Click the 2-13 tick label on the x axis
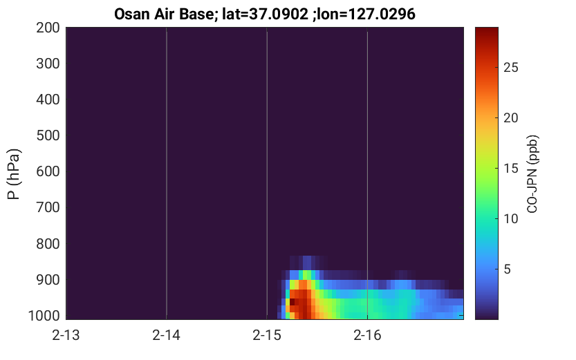[x=66, y=335]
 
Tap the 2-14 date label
[x=166, y=335]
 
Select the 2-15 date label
[x=267, y=335]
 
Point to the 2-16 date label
[x=367, y=335]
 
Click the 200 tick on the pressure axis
[x=48, y=28]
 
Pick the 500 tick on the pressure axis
[x=48, y=135]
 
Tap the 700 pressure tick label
[x=48, y=207]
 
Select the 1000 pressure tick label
[x=44, y=316]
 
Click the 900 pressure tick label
[x=48, y=280]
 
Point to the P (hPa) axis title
[x=14, y=174]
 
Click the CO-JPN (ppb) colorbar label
[x=532, y=174]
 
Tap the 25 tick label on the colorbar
[x=510, y=68]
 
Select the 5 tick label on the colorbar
[x=507, y=269]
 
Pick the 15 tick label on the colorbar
[x=510, y=169]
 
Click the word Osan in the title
[x=131, y=15]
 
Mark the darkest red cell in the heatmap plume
[x=292, y=302]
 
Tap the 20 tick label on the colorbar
[x=510, y=117]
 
